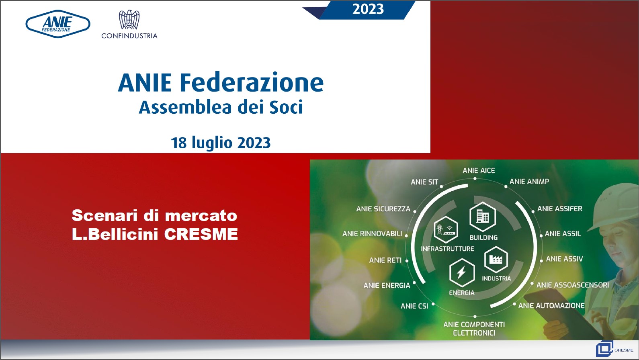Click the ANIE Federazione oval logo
click(x=58, y=24)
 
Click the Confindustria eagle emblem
click(x=129, y=20)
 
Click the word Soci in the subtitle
click(x=286, y=108)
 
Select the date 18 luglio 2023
click(x=221, y=143)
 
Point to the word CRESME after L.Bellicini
click(x=201, y=234)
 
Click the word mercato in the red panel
click(x=201, y=216)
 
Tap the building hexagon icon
click(x=483, y=217)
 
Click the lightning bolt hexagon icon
click(x=462, y=273)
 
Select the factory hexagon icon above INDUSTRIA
click(x=496, y=259)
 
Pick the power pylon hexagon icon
click(x=446, y=229)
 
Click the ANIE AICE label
click(x=479, y=171)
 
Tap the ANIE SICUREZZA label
click(x=383, y=209)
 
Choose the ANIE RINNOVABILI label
click(x=372, y=233)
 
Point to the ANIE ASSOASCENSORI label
click(x=573, y=285)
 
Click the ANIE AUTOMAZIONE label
click(x=551, y=305)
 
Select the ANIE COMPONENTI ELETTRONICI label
click(x=474, y=329)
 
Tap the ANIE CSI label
click(x=414, y=306)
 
